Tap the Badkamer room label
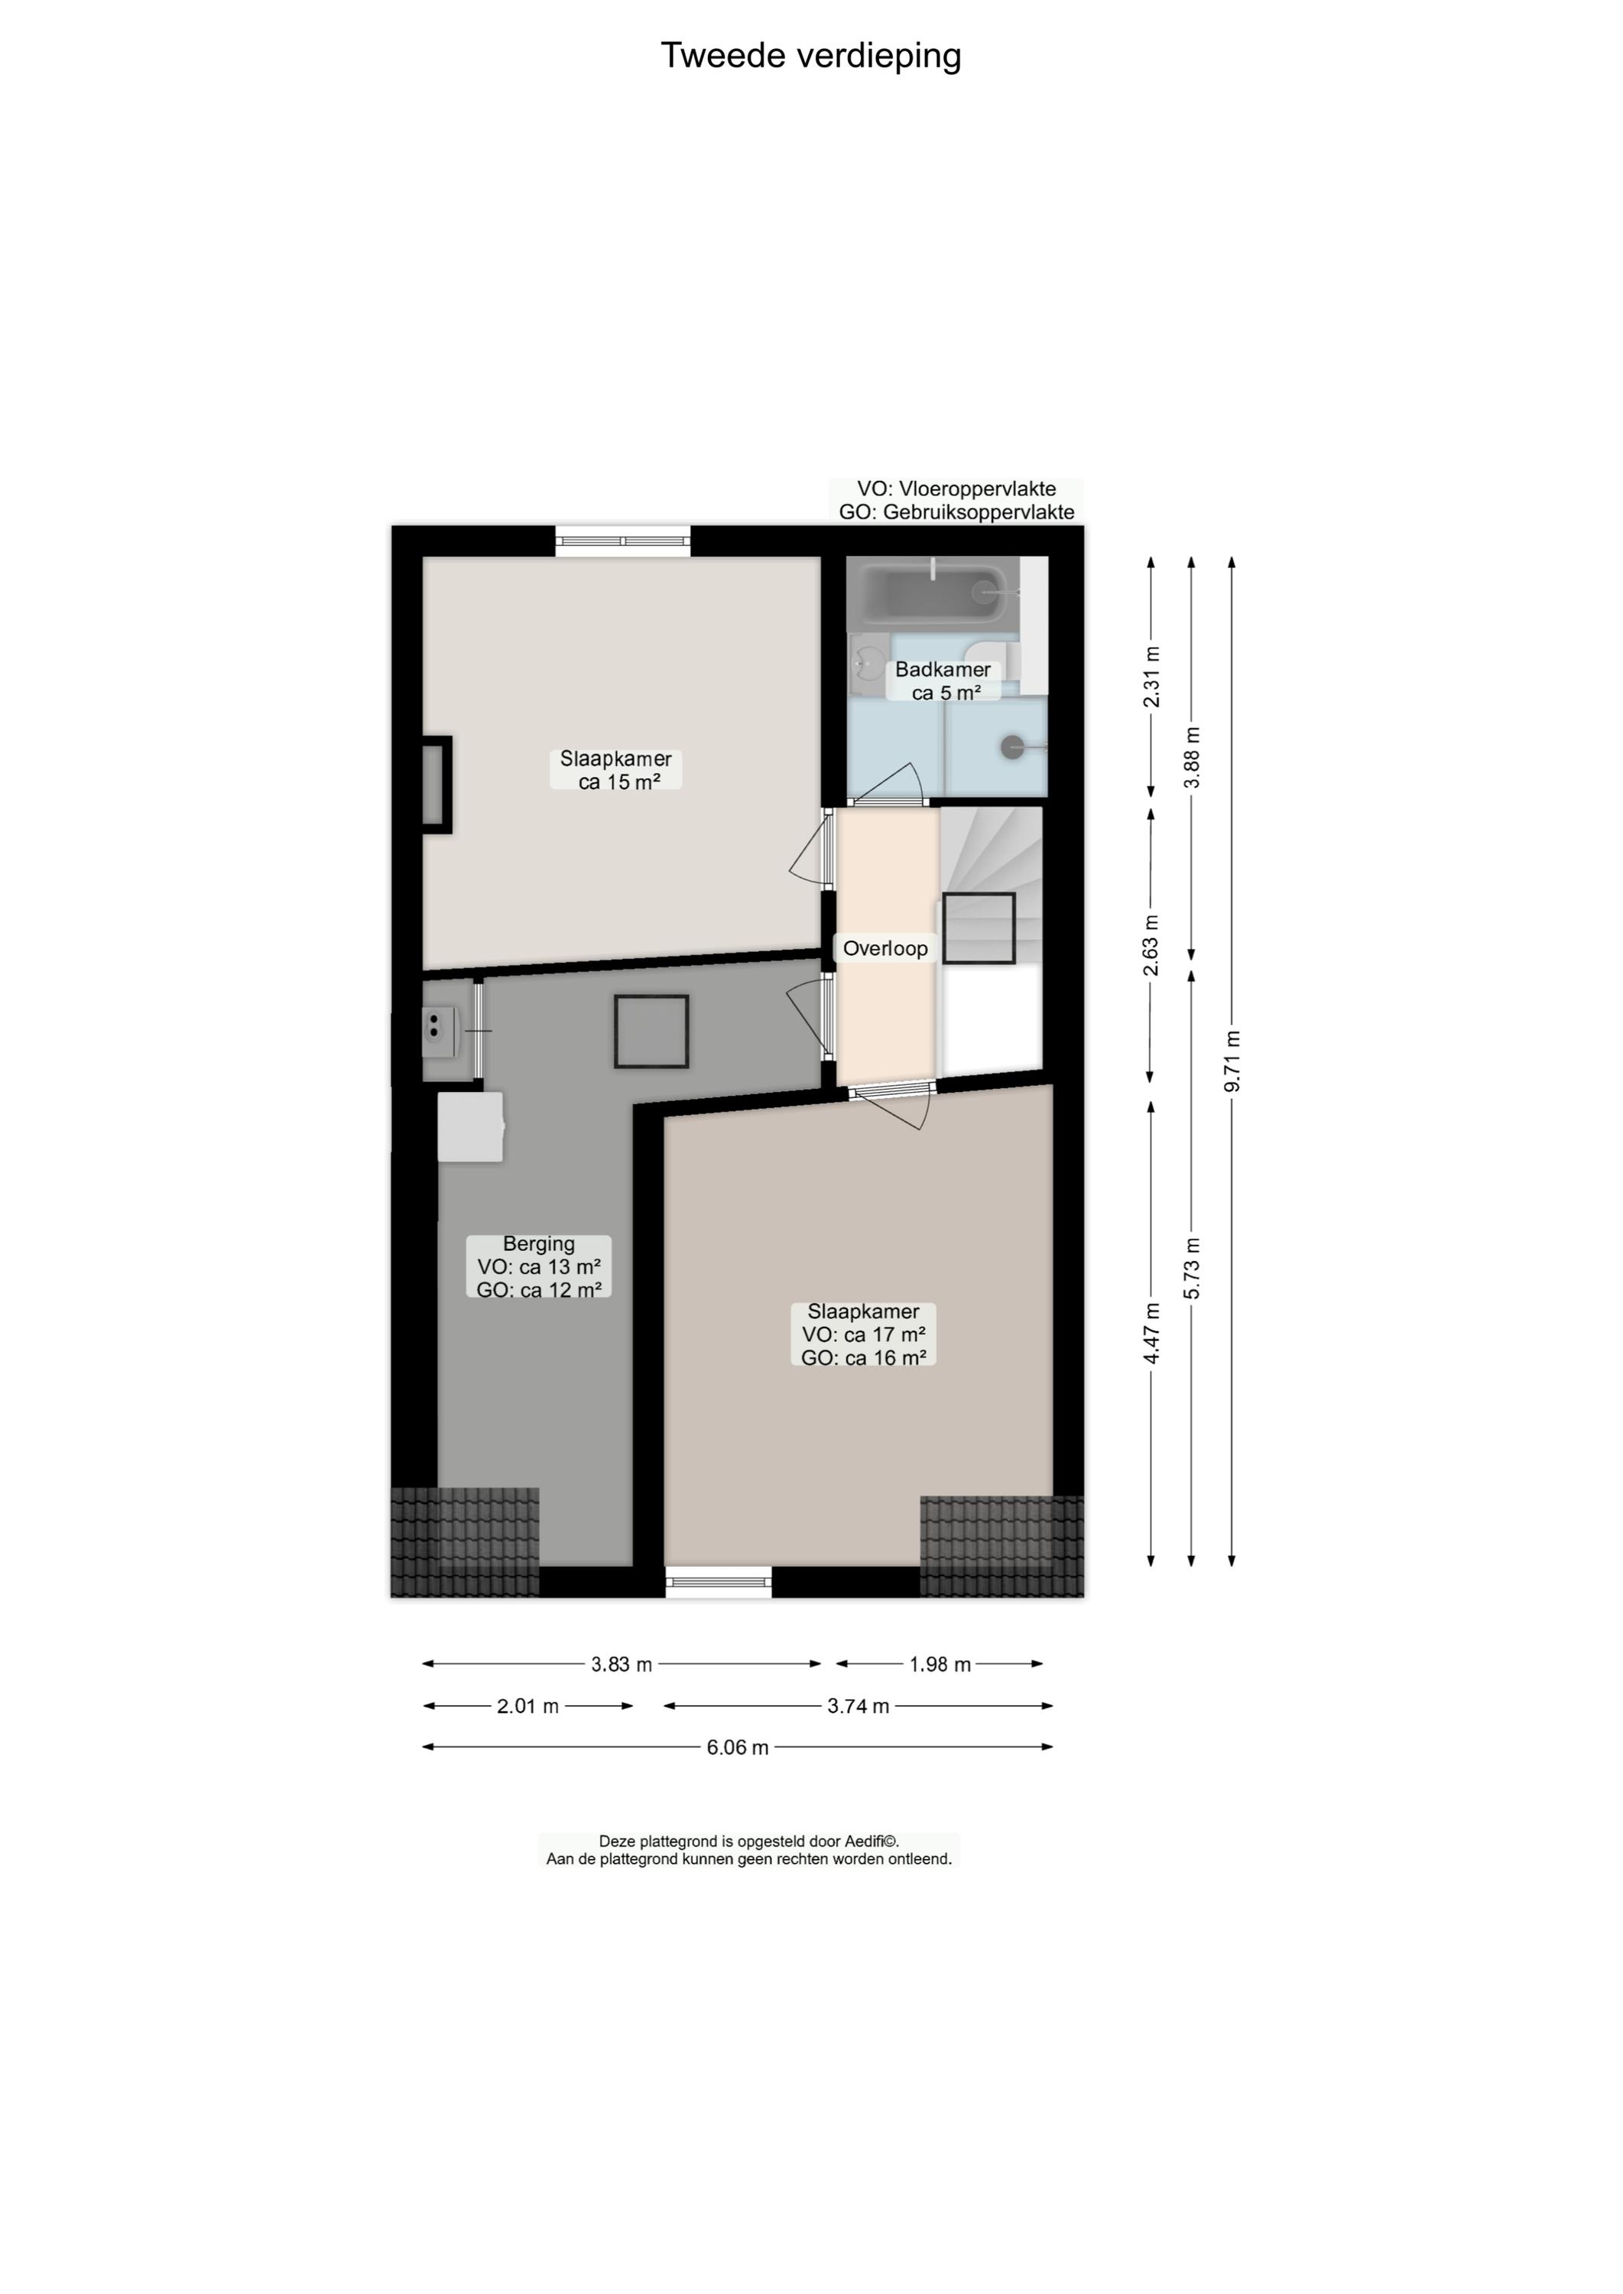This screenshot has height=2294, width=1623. point(943,681)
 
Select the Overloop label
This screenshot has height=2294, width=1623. point(885,947)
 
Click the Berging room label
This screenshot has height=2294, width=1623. point(539,1266)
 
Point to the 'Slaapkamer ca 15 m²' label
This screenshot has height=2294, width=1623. point(615,770)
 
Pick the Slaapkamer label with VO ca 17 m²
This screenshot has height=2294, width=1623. point(863,1334)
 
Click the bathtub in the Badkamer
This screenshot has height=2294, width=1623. point(933,593)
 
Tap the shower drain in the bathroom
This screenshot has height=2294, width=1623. point(1012,746)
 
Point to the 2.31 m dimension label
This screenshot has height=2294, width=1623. point(1151,677)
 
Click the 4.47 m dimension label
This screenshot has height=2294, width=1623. point(1151,1334)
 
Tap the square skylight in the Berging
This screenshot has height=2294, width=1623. point(651,1032)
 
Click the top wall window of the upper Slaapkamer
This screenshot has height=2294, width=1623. point(622,541)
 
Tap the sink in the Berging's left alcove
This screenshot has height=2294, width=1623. point(440,1031)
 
